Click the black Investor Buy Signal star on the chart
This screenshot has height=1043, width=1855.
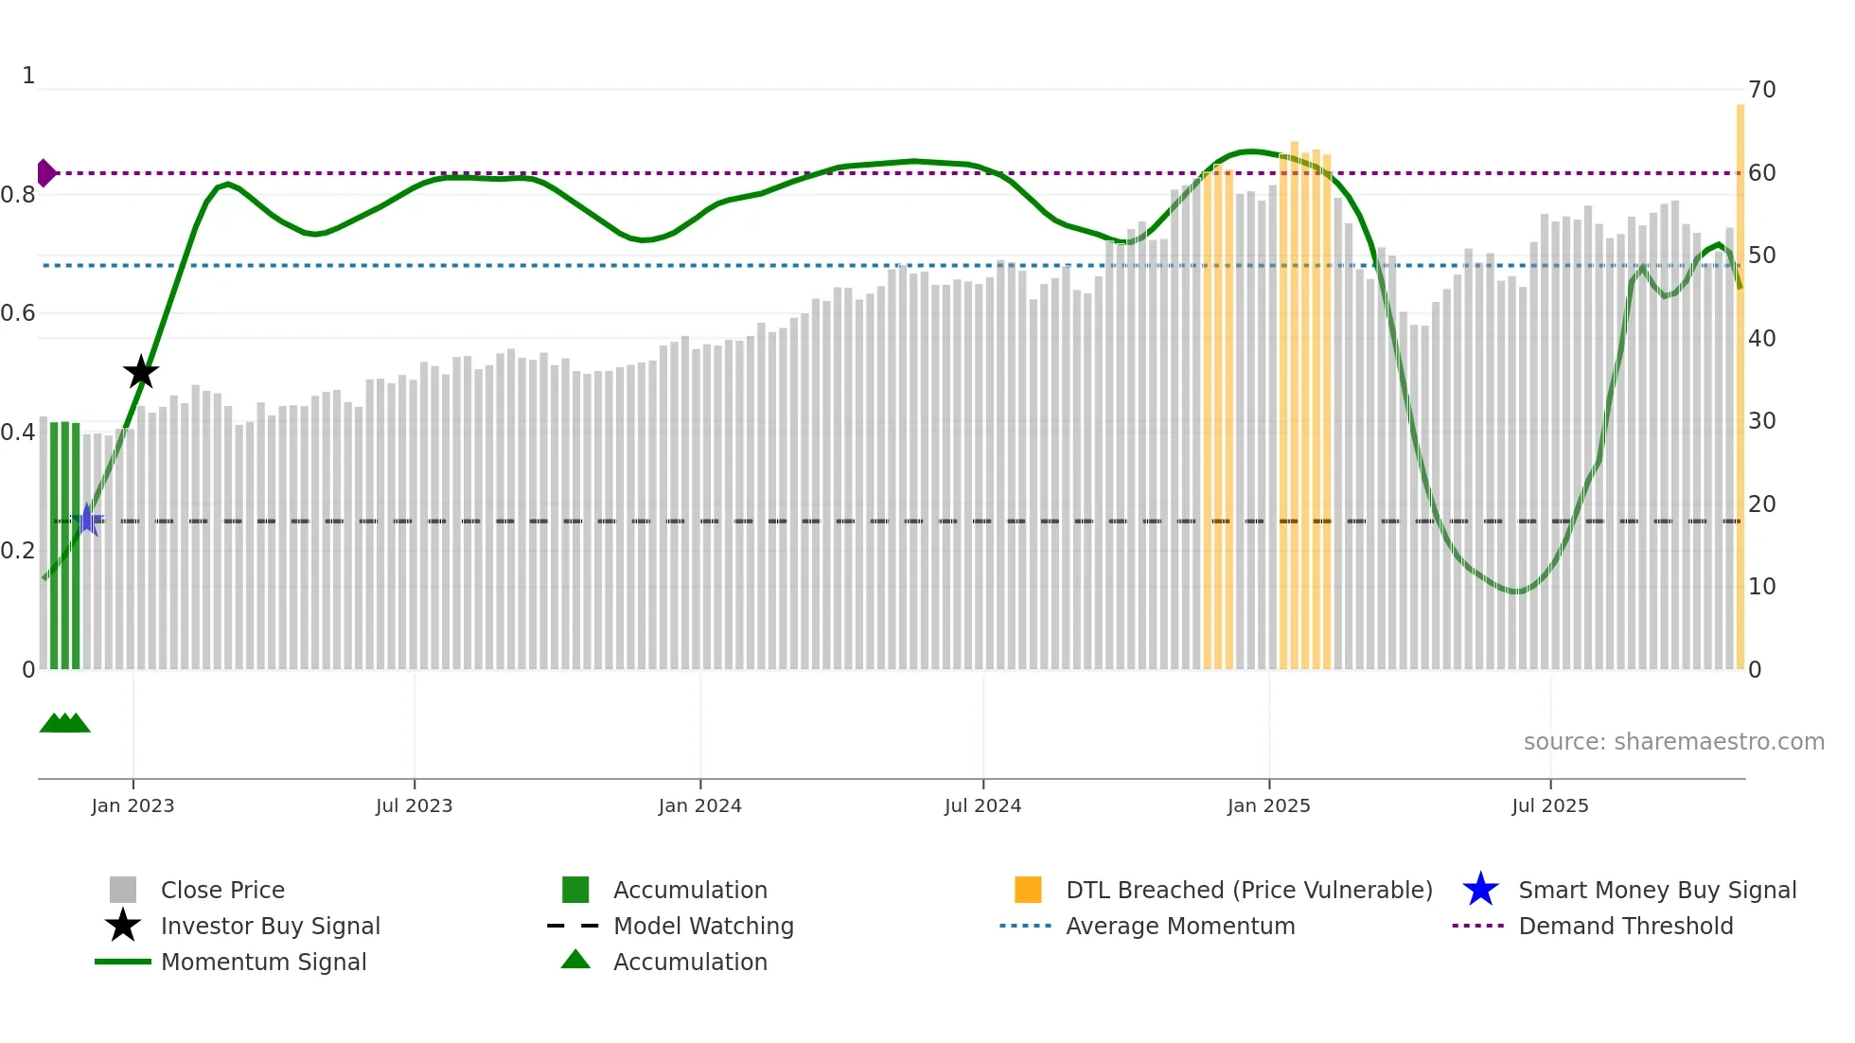pyautogui.click(x=141, y=372)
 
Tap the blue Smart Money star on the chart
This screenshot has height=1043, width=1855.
pyautogui.click(x=87, y=520)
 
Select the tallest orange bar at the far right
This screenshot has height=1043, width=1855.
pyautogui.click(x=1740, y=379)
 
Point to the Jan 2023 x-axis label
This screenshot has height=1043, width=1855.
pyautogui.click(x=132, y=805)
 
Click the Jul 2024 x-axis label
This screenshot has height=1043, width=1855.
pyautogui.click(x=982, y=805)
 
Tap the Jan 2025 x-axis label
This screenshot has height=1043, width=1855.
pyautogui.click(x=1268, y=805)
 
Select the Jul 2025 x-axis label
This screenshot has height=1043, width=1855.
pyautogui.click(x=1549, y=805)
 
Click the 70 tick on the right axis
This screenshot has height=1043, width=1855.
pyautogui.click(x=1761, y=90)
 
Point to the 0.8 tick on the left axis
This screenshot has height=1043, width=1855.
pyautogui.click(x=18, y=195)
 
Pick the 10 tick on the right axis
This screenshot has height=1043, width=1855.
pyautogui.click(x=1761, y=587)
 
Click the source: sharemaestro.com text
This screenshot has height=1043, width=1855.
pyautogui.click(x=1673, y=742)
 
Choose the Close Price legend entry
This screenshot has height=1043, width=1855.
pyautogui.click(x=222, y=890)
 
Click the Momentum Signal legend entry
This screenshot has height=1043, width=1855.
pyautogui.click(x=263, y=962)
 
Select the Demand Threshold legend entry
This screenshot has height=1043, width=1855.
pyautogui.click(x=1625, y=926)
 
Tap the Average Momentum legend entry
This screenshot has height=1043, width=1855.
pyautogui.click(x=1180, y=926)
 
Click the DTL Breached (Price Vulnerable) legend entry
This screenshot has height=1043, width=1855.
pyautogui.click(x=1248, y=890)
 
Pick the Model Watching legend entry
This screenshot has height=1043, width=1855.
pyautogui.click(x=703, y=926)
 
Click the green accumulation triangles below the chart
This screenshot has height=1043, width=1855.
pyautogui.click(x=64, y=723)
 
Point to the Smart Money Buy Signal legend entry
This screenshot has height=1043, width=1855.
pyautogui.click(x=1656, y=890)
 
